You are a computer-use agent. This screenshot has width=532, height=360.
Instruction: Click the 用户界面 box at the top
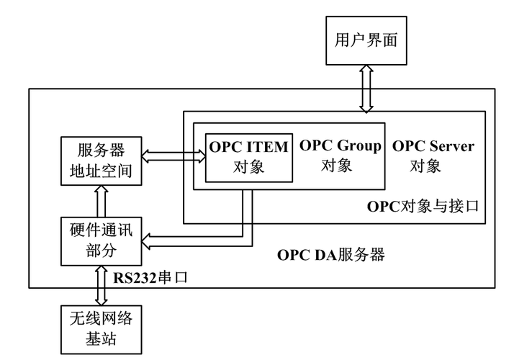coord(366,40)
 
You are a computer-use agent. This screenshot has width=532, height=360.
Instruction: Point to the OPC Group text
coord(340,146)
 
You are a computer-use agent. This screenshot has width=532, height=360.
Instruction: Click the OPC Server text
coord(433,146)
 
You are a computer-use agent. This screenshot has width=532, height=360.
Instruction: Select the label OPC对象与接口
coord(423,207)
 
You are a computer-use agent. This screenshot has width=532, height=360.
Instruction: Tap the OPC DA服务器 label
coord(331,254)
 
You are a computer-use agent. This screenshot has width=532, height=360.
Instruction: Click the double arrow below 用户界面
coord(366,89)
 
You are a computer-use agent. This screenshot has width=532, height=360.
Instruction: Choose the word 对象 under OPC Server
coord(425,166)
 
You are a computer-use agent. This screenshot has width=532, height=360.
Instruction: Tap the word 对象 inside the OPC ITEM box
coord(249,166)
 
